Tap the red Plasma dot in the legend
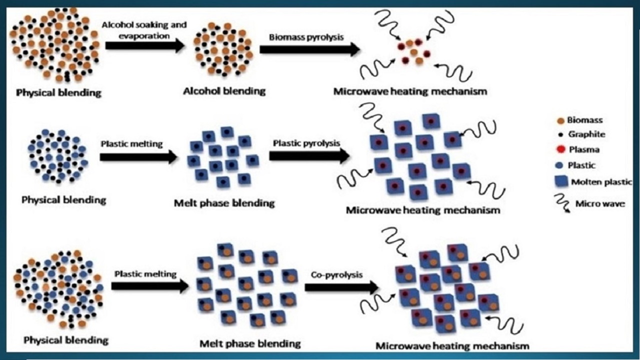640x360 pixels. (x=560, y=149)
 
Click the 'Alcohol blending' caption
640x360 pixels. (x=224, y=91)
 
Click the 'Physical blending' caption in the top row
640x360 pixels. (x=58, y=92)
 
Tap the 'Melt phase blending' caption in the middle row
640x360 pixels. (x=224, y=203)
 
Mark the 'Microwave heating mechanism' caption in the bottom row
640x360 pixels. (x=452, y=345)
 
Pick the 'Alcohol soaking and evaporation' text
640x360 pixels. (x=144, y=29)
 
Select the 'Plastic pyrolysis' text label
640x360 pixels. (x=306, y=143)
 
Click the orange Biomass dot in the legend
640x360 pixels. (x=560, y=120)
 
